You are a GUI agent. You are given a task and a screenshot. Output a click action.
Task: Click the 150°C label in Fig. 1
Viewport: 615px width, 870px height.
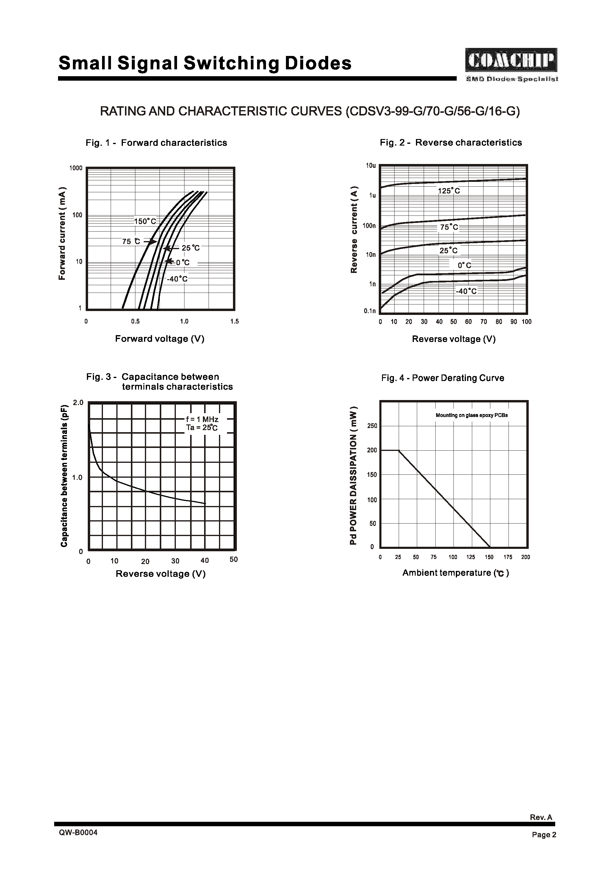pos(145,221)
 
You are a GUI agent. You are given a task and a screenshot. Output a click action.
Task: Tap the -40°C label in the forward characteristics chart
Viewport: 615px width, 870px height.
pos(177,279)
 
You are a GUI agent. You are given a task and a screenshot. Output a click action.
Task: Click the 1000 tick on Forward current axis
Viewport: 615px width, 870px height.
pos(76,168)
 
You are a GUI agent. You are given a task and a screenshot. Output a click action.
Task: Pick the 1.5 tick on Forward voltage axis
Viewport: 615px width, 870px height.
pos(234,322)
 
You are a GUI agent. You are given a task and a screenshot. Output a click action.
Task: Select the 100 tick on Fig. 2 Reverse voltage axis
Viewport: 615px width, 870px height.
pos(526,322)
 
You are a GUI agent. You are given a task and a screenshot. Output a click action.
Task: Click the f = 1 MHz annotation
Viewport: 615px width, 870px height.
pos(202,419)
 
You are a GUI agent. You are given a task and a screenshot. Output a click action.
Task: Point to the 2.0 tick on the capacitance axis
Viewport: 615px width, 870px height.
pos(78,402)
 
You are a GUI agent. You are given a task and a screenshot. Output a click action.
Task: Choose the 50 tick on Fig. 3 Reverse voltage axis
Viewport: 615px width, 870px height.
pos(234,560)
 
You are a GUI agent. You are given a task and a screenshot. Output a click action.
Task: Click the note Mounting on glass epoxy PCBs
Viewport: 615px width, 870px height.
pos(472,415)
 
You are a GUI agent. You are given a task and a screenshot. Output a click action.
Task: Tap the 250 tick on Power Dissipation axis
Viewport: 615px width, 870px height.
pos(372,426)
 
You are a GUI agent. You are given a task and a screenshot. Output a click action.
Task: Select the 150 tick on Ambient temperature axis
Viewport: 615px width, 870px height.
pos(489,557)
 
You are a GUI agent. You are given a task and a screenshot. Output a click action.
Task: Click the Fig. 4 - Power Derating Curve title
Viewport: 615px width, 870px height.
pos(443,378)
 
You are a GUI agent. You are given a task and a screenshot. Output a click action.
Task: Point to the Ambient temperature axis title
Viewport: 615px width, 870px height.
pos(456,573)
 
